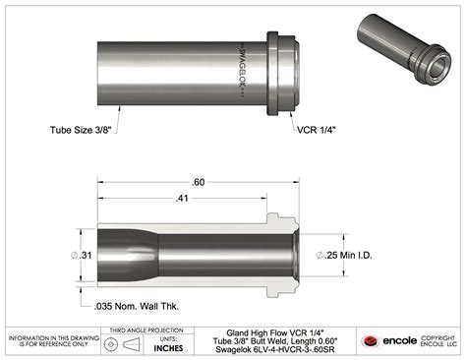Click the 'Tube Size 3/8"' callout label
tap(81, 129)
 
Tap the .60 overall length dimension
tap(199, 184)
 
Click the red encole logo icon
tap(371, 342)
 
